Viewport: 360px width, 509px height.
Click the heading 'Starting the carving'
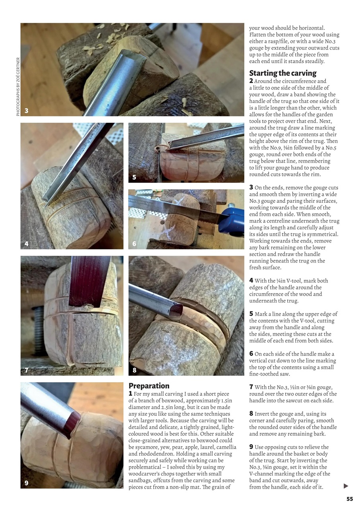[282, 73]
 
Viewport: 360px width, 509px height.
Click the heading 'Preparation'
[149, 386]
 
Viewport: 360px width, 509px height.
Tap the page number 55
[349, 499]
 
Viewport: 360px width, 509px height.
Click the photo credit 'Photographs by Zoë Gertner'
[18, 87]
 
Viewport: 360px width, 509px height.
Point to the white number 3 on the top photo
[26, 111]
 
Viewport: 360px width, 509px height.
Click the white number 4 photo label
[26, 243]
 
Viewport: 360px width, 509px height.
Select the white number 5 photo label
[134, 177]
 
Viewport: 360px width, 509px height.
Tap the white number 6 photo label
[134, 243]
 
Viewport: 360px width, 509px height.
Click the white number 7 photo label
[26, 370]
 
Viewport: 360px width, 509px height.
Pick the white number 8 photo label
[134, 370]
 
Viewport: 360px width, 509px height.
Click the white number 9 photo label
[26, 483]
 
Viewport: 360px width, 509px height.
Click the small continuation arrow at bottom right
[346, 486]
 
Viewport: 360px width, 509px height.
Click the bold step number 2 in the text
[251, 81]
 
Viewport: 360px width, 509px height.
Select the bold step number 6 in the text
[251, 354]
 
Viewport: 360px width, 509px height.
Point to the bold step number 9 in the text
[251, 447]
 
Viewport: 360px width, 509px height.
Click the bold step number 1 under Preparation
[130, 393]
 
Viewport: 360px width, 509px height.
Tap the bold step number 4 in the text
[251, 280]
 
